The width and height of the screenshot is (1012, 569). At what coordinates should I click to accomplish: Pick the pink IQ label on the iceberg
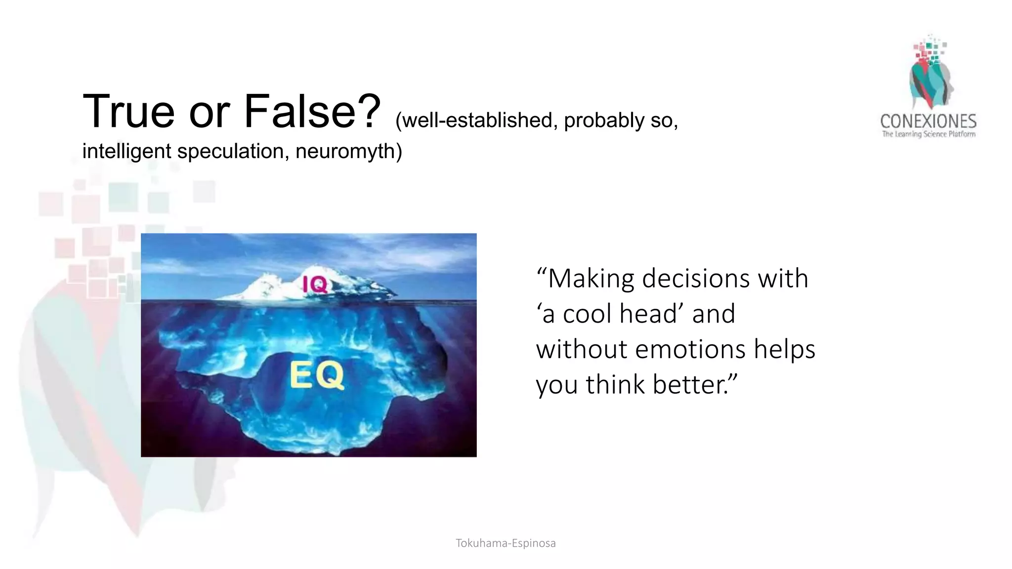point(315,284)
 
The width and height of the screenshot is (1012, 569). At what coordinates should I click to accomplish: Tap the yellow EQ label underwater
point(317,375)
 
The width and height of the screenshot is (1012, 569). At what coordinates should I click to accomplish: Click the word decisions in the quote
point(697,279)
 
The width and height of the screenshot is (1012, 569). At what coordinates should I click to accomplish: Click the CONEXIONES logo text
point(928,122)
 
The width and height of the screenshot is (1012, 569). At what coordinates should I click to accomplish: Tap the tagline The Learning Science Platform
point(928,134)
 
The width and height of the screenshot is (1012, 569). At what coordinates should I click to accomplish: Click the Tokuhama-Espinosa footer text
point(506,543)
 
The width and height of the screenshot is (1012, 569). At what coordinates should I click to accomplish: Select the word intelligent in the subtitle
point(127,151)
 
